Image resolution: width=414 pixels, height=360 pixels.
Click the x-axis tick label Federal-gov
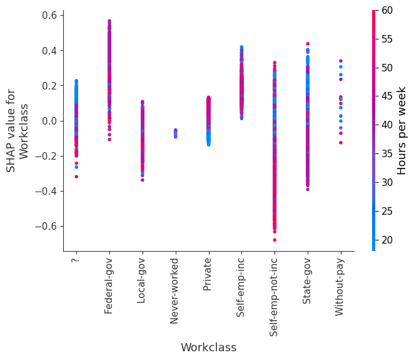pyautogui.click(x=109, y=285)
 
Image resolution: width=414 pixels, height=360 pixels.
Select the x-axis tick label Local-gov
pyautogui.click(x=142, y=281)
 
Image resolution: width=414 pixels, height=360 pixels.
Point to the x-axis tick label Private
pyautogui.click(x=208, y=275)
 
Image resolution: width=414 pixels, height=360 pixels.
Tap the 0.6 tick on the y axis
pyautogui.click(x=49, y=15)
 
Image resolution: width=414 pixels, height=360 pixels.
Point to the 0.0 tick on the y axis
pyautogui.click(x=49, y=121)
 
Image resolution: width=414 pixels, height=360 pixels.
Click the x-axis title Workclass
pyautogui.click(x=208, y=347)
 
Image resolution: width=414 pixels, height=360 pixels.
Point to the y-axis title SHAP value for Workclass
pyautogui.click(x=18, y=130)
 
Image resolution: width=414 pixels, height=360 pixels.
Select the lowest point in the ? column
pyautogui.click(x=76, y=177)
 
